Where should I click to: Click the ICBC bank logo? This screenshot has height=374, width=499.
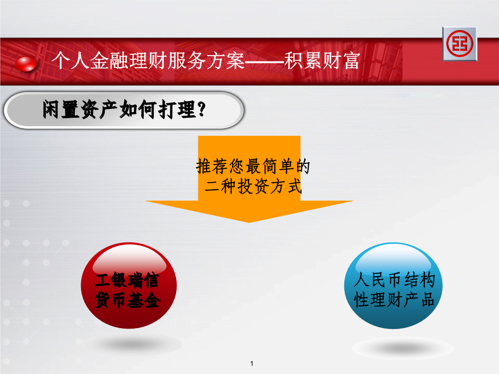tap(459, 44)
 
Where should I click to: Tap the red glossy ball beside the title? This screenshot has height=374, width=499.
tap(26, 64)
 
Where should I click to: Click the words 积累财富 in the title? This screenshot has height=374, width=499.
tap(322, 62)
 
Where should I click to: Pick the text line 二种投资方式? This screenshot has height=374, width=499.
tap(253, 187)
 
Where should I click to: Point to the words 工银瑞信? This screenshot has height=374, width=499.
tap(127, 280)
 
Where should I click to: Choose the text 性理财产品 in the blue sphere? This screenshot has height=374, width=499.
tap(394, 300)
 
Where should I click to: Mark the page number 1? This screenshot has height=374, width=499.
tap(252, 364)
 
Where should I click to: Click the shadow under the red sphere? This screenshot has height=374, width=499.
tap(132, 345)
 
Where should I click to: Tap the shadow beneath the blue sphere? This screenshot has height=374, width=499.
tap(390, 348)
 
